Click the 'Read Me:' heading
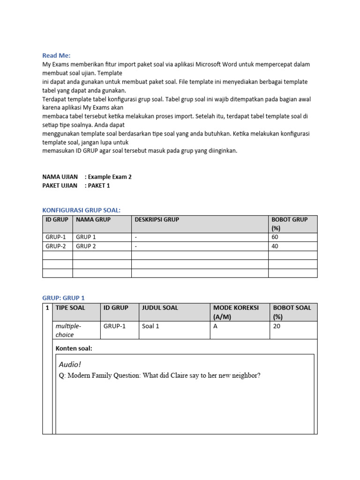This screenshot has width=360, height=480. (56, 55)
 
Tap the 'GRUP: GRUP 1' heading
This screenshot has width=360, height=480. (63, 298)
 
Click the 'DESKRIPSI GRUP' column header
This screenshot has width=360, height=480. (157, 219)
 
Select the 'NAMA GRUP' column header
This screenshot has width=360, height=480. (93, 219)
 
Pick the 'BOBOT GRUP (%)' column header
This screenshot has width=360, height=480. (290, 224)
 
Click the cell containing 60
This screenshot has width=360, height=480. (275, 237)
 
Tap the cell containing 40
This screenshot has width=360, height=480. (275, 246)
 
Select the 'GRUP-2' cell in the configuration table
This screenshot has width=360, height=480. (56, 246)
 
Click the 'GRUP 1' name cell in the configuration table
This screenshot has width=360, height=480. (86, 237)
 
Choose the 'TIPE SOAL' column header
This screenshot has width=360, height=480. (70, 307)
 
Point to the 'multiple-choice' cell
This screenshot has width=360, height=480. (68, 330)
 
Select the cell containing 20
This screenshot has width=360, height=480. (277, 326)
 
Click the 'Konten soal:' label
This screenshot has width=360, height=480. (74, 348)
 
